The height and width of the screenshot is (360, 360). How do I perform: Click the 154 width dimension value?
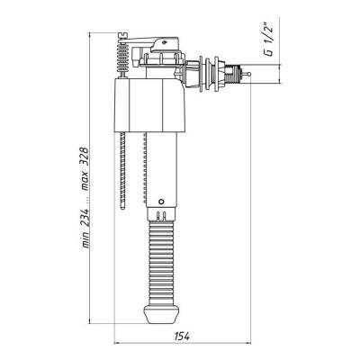tap(182, 337)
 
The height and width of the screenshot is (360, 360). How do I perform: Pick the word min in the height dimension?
tap(85, 240)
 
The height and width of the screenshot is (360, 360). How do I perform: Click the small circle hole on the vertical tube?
tap(161, 202)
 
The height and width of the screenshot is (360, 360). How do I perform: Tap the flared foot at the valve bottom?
tap(161, 314)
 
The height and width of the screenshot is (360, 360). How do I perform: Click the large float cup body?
tap(149, 105)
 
